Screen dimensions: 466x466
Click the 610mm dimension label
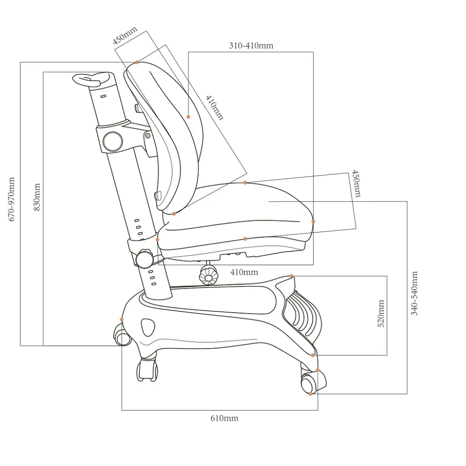click(x=224, y=418)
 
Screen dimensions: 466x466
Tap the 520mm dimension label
click(x=381, y=313)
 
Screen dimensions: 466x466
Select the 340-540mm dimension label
click(x=414, y=293)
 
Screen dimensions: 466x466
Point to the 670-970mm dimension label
click(x=11, y=199)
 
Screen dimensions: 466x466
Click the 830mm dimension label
click(x=36, y=197)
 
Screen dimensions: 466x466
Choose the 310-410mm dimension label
click(x=251, y=46)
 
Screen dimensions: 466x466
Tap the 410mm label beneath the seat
click(x=244, y=272)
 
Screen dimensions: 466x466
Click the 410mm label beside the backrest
click(x=214, y=107)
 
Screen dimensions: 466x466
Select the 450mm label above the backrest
click(x=125, y=35)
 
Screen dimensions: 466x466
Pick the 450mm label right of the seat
click(x=356, y=183)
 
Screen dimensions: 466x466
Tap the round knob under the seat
click(x=208, y=275)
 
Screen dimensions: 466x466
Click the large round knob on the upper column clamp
click(x=113, y=141)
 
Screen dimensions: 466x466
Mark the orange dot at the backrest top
click(x=137, y=62)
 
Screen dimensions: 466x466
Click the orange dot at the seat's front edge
click(x=313, y=222)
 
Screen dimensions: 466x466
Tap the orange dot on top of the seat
click(x=245, y=182)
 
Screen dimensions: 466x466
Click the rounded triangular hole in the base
click(x=148, y=327)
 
